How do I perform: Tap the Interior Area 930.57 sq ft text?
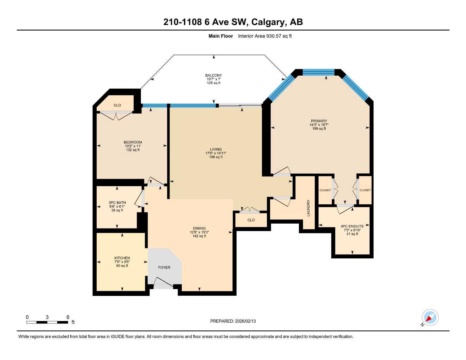pyautogui.click(x=264, y=36)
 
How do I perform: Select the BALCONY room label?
pyautogui.click(x=213, y=75)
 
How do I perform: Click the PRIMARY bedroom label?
pyautogui.click(x=319, y=121)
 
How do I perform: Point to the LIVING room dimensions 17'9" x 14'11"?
pyautogui.click(x=216, y=153)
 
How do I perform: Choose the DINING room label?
pyautogui.click(x=199, y=228)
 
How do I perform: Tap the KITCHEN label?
pyautogui.click(x=122, y=258)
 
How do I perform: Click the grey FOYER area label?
pyautogui.click(x=164, y=268)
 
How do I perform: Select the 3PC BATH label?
pyautogui.click(x=117, y=203)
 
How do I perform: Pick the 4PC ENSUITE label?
pyautogui.click(x=352, y=226)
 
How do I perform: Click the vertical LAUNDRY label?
pyautogui.click(x=308, y=208)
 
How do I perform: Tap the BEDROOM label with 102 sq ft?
pyautogui.click(x=133, y=142)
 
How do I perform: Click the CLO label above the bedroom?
pyautogui.click(x=117, y=105)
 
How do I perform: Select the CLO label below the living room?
pyautogui.click(x=251, y=220)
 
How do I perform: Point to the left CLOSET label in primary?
pyautogui.click(x=325, y=190)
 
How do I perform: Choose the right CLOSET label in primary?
pyautogui.click(x=365, y=190)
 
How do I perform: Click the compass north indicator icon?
pyautogui.click(x=430, y=318)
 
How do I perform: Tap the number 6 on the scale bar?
pyautogui.click(x=68, y=317)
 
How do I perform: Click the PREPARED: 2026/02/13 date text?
pyautogui.click(x=233, y=321)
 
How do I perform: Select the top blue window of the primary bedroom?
pyautogui.click(x=319, y=72)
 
